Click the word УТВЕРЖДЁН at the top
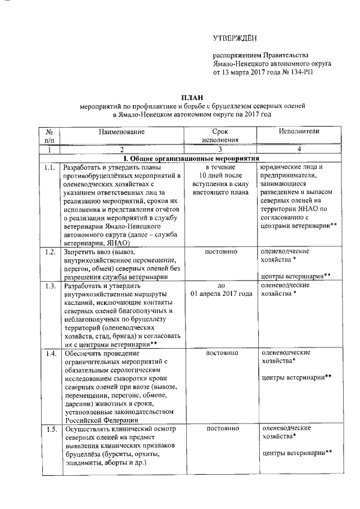pos(234,38)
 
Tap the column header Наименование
pos(121,132)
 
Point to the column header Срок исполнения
pos(220,136)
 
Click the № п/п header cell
pos(49,136)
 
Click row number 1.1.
pos(49,168)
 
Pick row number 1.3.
pos(49,285)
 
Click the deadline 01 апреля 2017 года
pos(220,294)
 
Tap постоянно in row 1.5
pos(220,429)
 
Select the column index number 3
pos(220,150)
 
